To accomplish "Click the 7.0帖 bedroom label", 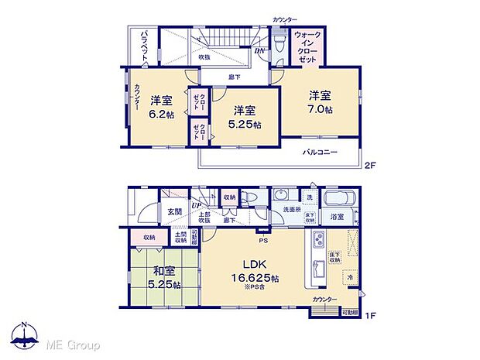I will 321,103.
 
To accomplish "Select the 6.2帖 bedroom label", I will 161,107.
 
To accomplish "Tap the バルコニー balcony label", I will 319,153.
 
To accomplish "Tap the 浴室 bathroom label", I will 338,218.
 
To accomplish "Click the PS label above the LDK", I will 263,230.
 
